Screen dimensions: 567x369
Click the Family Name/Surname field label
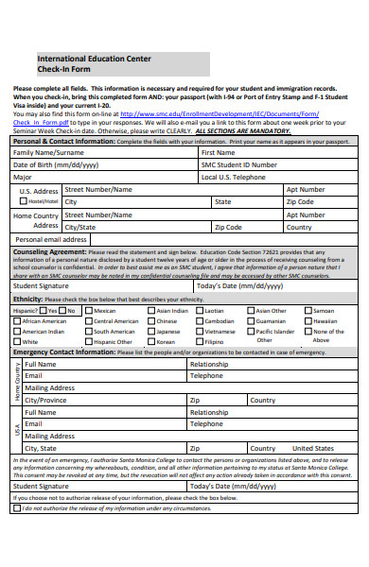click(x=48, y=152)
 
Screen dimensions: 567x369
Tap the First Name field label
click(x=218, y=152)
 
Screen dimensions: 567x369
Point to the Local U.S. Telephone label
click(x=234, y=177)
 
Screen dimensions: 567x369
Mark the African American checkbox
click(x=17, y=321)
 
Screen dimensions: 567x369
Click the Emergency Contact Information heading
click(x=62, y=352)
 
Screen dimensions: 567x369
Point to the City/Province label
click(x=46, y=400)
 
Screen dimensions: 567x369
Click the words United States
click(x=313, y=448)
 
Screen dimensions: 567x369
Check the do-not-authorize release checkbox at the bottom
click(x=16, y=507)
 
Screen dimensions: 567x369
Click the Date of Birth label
click(x=55, y=164)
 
